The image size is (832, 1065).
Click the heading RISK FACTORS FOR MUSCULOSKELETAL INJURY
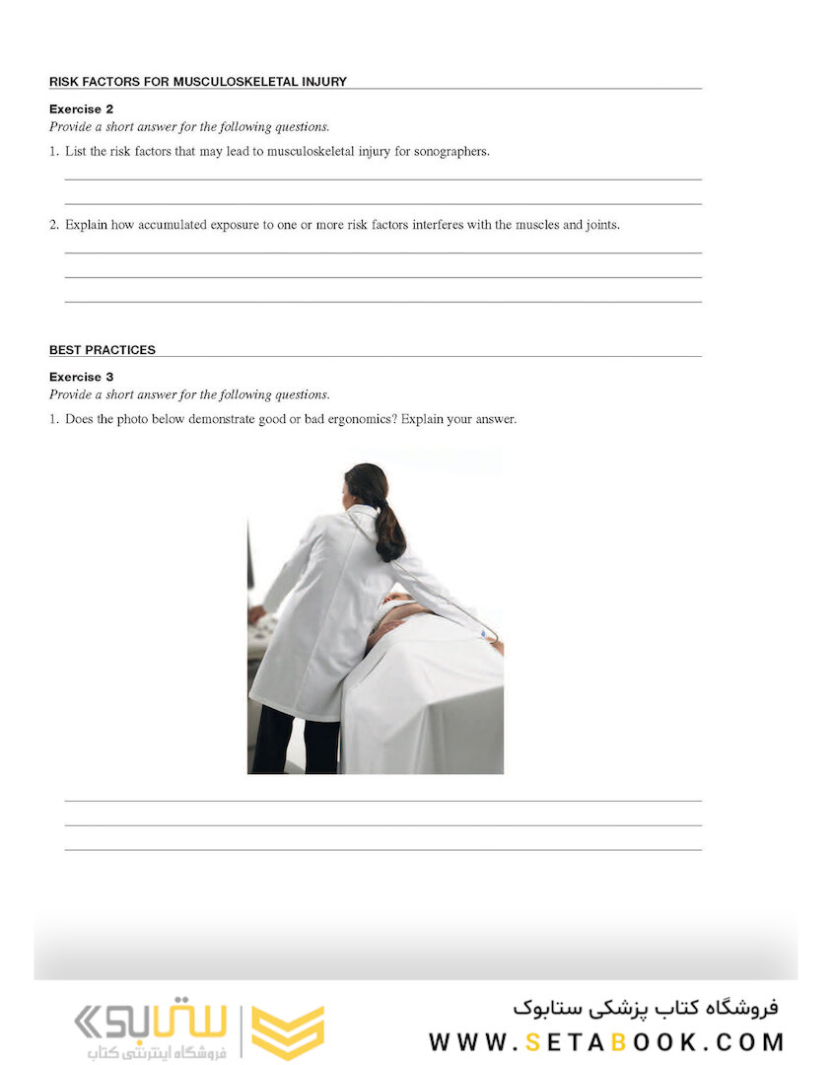pyautogui.click(x=197, y=82)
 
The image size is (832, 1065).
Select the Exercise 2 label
pyautogui.click(x=81, y=109)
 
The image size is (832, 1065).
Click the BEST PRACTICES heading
pyautogui.click(x=102, y=350)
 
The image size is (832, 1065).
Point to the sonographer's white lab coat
pyautogui.click(x=315, y=621)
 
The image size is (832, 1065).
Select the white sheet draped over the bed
pyautogui.click(x=424, y=700)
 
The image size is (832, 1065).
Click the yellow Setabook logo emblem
pyautogui.click(x=287, y=1031)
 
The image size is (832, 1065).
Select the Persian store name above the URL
pyautogui.click(x=646, y=1008)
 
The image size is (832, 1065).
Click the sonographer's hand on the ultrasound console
pyautogui.click(x=255, y=613)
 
